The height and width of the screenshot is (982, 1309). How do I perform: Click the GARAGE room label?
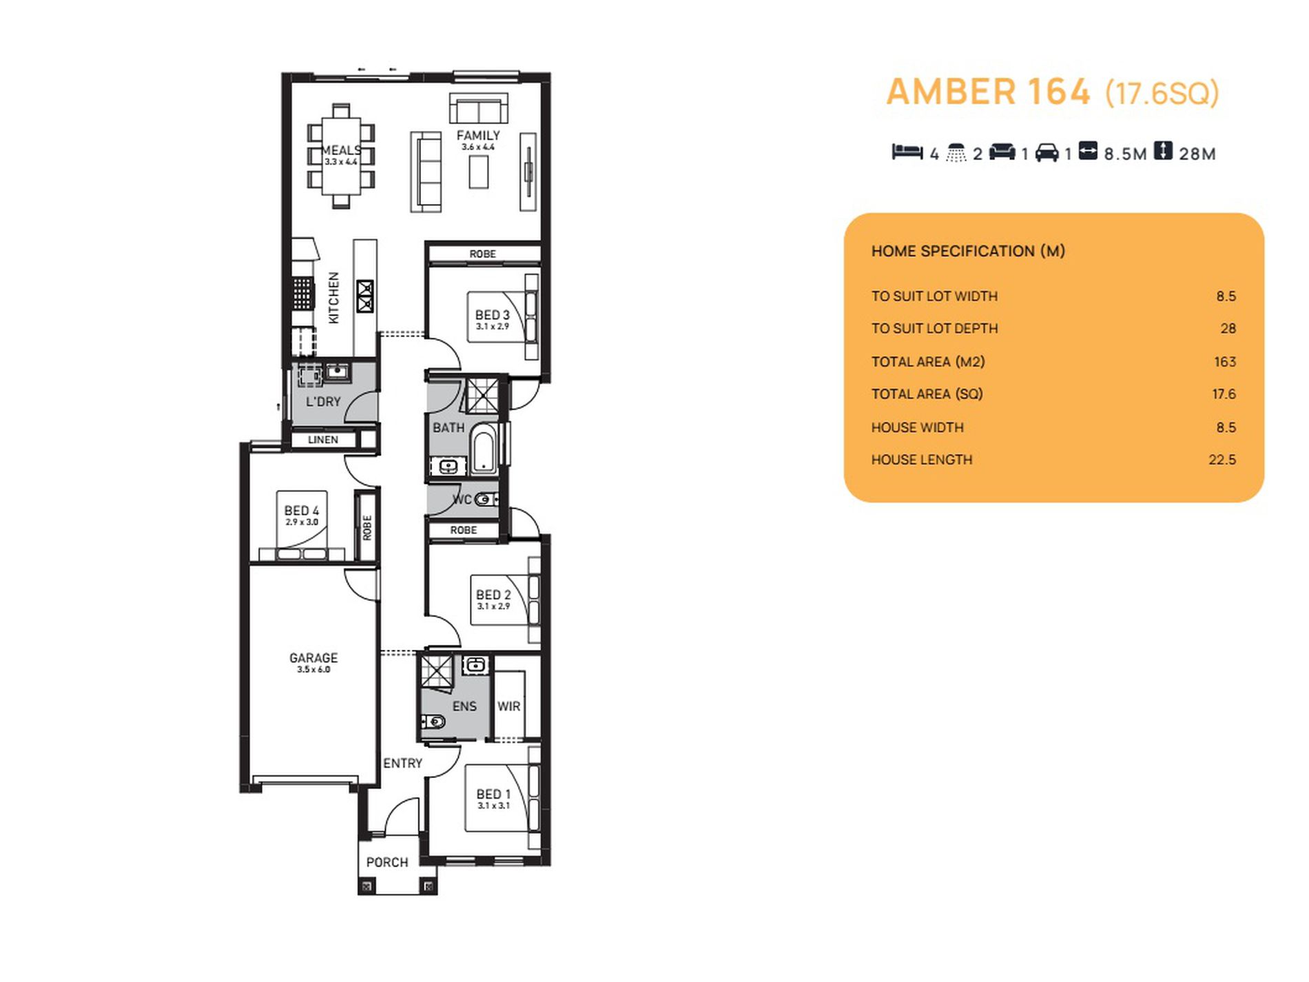click(x=313, y=658)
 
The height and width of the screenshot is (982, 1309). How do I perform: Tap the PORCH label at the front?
click(x=387, y=862)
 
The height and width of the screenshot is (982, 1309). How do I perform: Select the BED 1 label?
click(x=493, y=795)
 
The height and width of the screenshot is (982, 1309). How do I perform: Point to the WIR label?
click(x=508, y=706)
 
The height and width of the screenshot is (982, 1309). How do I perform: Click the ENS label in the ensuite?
click(x=464, y=706)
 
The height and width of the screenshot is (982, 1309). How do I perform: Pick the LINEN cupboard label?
click(x=323, y=440)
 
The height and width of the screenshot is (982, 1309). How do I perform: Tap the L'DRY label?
click(x=323, y=402)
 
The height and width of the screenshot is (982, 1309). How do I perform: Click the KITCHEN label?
click(x=333, y=298)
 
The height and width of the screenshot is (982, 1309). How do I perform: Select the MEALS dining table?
click(x=341, y=156)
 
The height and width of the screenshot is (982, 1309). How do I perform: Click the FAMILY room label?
click(x=478, y=136)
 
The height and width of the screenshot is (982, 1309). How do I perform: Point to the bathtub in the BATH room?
click(x=484, y=448)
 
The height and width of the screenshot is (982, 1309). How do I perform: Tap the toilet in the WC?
click(x=486, y=499)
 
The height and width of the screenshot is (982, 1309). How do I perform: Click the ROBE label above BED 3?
click(x=482, y=254)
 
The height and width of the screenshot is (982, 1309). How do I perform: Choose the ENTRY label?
click(x=402, y=764)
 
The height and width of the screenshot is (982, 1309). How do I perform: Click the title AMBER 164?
click(x=988, y=92)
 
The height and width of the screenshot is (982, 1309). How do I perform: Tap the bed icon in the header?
click(x=907, y=152)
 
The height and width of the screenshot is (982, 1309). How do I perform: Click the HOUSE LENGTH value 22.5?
click(x=1222, y=460)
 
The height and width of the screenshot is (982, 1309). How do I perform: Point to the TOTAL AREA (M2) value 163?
click(x=1225, y=362)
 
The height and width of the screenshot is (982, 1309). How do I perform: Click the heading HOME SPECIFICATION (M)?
click(x=968, y=252)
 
